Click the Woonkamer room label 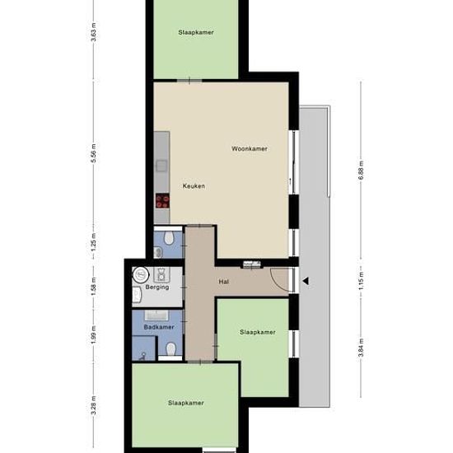click(x=250, y=149)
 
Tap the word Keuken click(x=194, y=186)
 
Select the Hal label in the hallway click(x=224, y=282)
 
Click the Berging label click(x=157, y=287)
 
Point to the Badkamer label click(x=159, y=327)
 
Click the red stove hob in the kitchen click(x=162, y=201)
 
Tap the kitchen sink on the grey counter click(x=161, y=166)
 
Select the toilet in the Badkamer click(x=171, y=348)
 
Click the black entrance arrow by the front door click(x=306, y=281)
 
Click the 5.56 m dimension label click(x=94, y=153)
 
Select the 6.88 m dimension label click(x=361, y=170)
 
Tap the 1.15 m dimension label click(x=361, y=281)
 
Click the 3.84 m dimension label click(x=361, y=348)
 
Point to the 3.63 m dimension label click(x=94, y=32)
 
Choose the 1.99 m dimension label click(x=94, y=335)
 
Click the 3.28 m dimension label click(x=94, y=405)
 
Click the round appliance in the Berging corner click(x=141, y=274)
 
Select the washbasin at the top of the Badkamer click(x=156, y=315)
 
